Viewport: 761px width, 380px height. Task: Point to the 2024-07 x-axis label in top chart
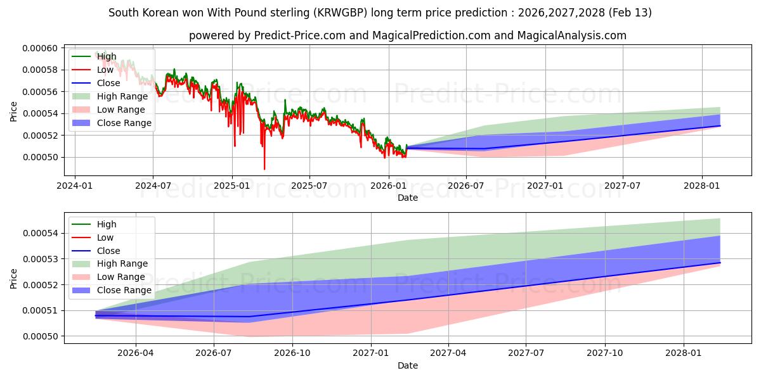tap(153, 186)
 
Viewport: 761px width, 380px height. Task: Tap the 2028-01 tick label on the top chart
tap(702, 186)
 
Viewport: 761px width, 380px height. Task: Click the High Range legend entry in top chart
tap(122, 96)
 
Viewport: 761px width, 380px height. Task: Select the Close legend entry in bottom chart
tap(108, 251)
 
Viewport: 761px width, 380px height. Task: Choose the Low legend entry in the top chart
tap(105, 70)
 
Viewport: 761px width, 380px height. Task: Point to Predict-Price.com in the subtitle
tap(296, 35)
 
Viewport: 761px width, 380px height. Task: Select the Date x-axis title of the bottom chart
tap(407, 365)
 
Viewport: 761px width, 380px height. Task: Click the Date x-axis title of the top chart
tap(407, 198)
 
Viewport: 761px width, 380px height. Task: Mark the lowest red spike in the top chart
tap(264, 168)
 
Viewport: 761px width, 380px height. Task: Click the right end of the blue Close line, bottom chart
tap(720, 263)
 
